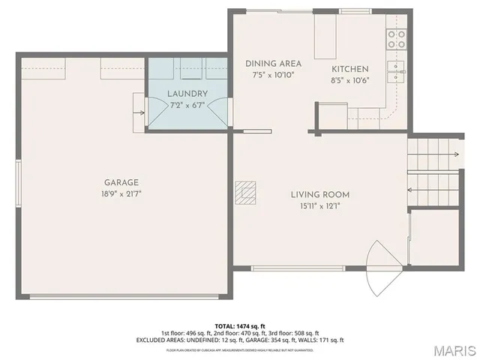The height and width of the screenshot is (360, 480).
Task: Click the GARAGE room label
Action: [121, 182]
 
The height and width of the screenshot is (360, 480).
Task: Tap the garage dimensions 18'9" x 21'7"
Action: [121, 193]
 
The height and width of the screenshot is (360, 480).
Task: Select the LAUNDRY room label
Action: [187, 94]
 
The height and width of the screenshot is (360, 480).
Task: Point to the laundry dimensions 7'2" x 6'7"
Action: [187, 104]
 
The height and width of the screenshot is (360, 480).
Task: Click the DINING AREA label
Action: [273, 64]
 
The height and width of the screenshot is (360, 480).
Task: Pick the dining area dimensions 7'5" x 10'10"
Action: [273, 75]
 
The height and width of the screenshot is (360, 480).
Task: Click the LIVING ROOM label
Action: [320, 195]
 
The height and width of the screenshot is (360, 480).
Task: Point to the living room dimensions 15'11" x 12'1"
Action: [320, 206]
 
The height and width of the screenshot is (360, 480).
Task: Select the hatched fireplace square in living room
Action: [244, 193]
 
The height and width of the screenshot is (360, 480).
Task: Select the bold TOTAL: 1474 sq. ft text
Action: [239, 325]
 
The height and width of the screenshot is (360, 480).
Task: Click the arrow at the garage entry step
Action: [139, 114]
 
